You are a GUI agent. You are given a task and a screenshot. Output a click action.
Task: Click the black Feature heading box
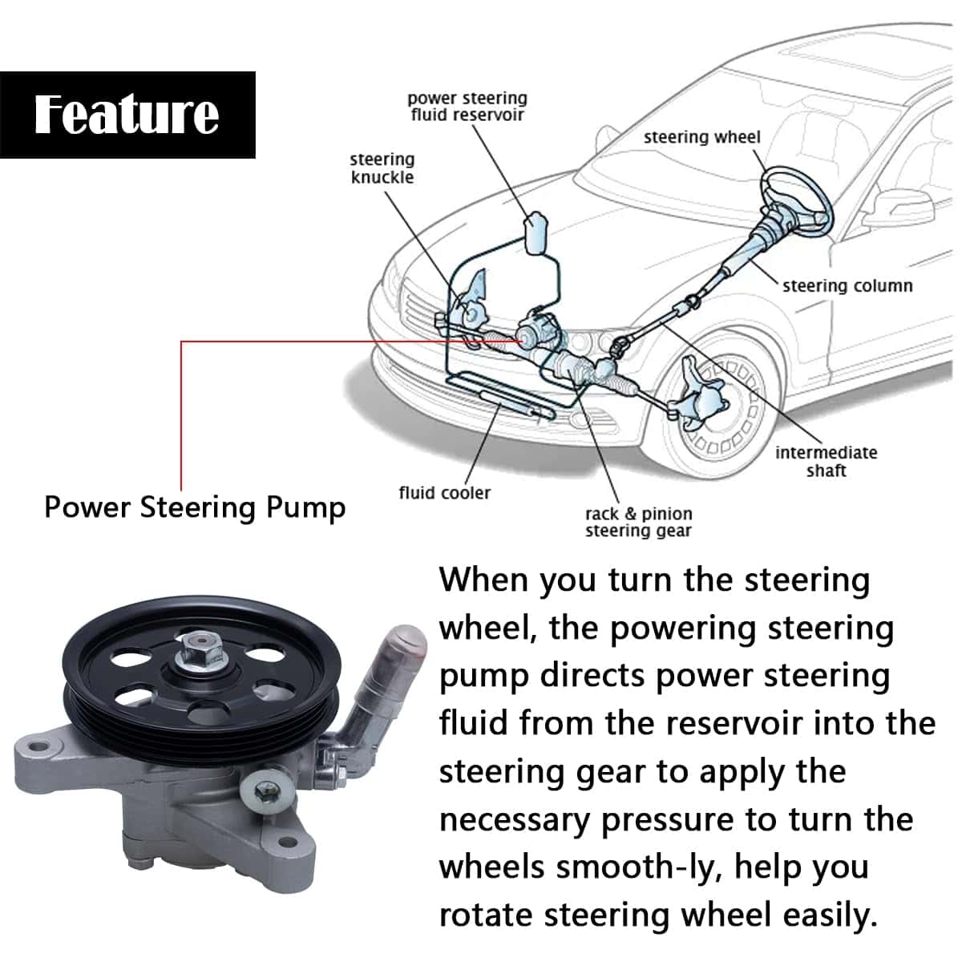coord(127,115)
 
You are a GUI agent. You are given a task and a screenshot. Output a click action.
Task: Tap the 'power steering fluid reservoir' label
coord(467,107)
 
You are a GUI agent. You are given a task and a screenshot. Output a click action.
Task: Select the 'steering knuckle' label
coord(382,168)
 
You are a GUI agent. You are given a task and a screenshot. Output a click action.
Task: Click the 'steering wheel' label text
coord(701,137)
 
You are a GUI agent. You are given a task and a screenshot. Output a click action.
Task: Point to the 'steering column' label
coord(847,285)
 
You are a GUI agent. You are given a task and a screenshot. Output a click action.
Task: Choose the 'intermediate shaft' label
coord(826,461)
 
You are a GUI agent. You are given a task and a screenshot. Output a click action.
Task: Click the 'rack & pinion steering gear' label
coord(638,522)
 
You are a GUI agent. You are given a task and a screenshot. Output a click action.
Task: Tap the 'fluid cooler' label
coord(444,492)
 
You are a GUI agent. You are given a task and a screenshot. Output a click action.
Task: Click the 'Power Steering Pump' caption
coord(195,507)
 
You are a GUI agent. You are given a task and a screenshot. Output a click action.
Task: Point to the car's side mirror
coord(902,207)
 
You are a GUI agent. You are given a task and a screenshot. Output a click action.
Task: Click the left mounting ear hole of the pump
coord(37,750)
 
